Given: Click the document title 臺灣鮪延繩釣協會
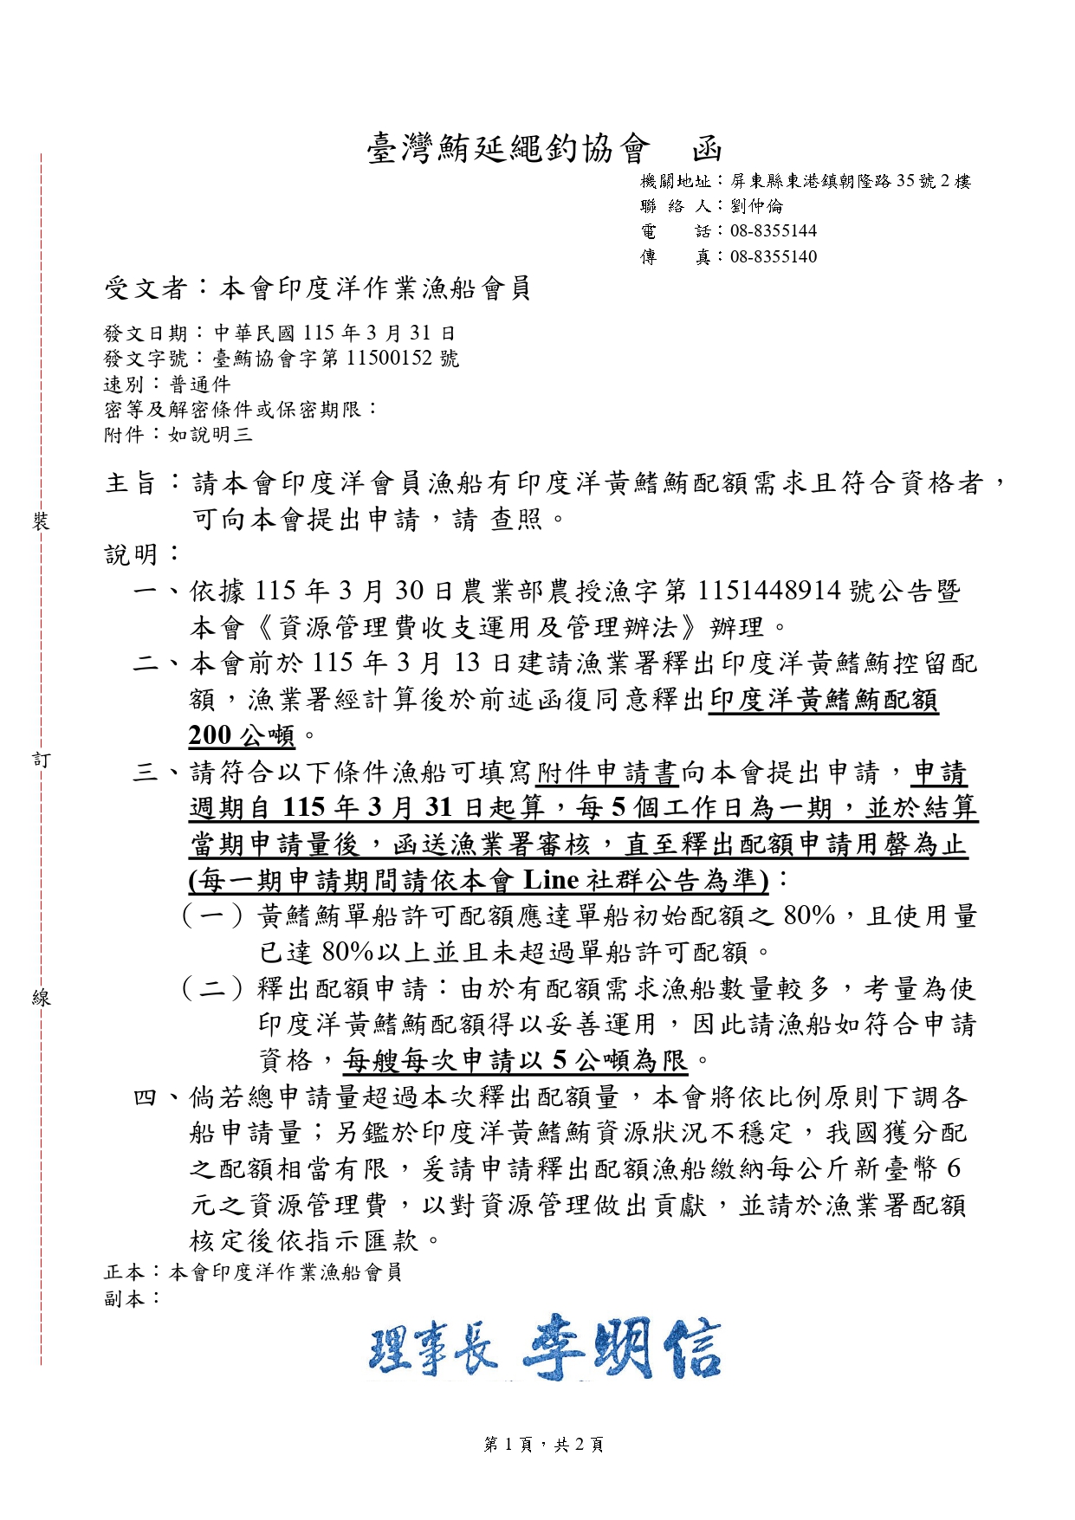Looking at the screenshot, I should tap(508, 149).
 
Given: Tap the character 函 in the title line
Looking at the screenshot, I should tap(707, 149).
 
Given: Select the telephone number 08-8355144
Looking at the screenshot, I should tap(773, 231).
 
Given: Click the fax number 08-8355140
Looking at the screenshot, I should tap(773, 256).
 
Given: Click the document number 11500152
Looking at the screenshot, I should tap(390, 359).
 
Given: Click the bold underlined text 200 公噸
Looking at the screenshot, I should tap(242, 735).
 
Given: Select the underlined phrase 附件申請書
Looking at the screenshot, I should tap(606, 772).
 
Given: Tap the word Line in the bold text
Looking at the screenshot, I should tap(551, 880).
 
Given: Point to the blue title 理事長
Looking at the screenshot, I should tap(433, 1350).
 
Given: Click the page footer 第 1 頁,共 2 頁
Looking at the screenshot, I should tap(543, 1444).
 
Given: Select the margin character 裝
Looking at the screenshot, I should tap(41, 521).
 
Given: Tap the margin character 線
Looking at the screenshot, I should tap(41, 998).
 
